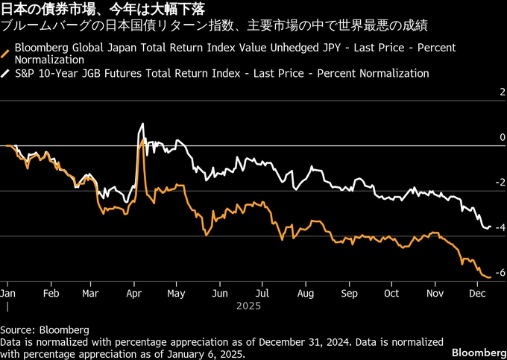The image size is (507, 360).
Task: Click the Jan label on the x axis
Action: pos(8,293)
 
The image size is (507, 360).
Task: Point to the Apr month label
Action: pos(133,293)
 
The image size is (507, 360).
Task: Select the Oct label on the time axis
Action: pos(390,293)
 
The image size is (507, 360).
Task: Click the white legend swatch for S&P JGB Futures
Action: pos(6,74)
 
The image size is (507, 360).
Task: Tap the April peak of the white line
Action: pos(142,124)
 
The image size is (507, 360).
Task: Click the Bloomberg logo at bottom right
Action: pos(476,351)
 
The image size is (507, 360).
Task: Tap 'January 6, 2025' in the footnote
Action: pos(171,354)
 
